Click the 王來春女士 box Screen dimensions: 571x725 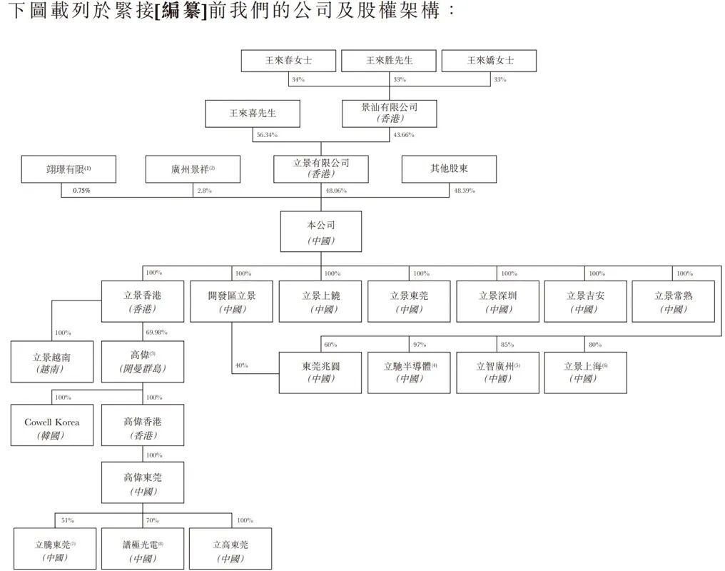click(288, 61)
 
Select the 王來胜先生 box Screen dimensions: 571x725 click(389, 61)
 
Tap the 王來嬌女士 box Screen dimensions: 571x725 click(490, 61)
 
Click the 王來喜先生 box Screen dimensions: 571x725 click(253, 113)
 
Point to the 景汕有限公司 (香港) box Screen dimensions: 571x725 click(389, 113)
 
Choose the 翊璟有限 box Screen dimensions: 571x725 click(69, 169)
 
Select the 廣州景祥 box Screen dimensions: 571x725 click(193, 169)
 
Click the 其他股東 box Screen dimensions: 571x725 click(449, 169)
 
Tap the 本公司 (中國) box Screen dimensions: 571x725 click(320, 231)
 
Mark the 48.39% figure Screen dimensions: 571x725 click(464, 191)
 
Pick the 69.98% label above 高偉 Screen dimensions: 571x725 click(157, 333)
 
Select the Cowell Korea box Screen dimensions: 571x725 click(52, 425)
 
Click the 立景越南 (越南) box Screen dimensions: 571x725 click(52, 362)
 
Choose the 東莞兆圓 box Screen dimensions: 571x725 click(320, 372)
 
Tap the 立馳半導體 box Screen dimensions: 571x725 click(409, 372)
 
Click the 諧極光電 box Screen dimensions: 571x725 click(143, 549)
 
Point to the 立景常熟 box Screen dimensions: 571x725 click(673, 301)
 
